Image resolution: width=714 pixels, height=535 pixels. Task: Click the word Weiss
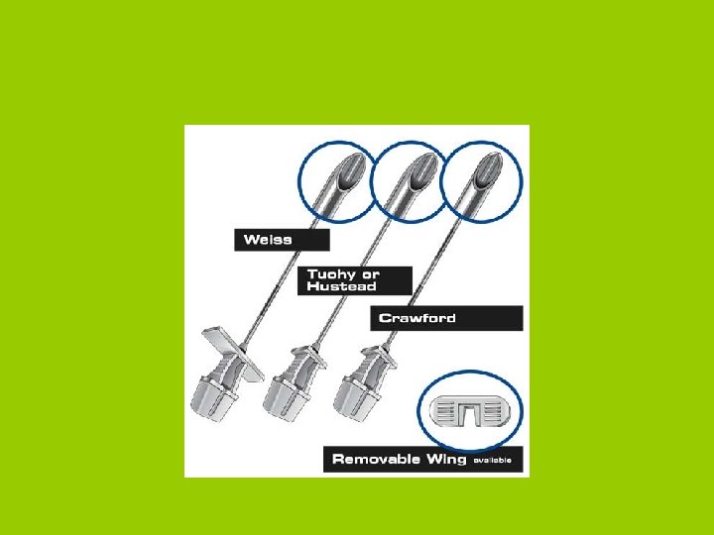pos(268,240)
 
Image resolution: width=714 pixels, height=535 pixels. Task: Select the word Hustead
pos(341,286)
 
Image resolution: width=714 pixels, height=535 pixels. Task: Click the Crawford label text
pos(417,318)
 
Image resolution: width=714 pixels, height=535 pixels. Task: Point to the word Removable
pos(376,459)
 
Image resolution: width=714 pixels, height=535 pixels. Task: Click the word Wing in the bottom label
pos(446,459)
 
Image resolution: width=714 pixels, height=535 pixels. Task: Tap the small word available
pos(492,461)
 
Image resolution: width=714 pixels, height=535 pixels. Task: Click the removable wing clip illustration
pos(470,411)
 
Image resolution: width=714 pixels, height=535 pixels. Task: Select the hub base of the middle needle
pos(286,398)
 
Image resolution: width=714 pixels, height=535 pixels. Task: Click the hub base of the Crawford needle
pos(357,398)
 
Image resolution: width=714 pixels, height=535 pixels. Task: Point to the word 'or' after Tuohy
pos(370,275)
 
